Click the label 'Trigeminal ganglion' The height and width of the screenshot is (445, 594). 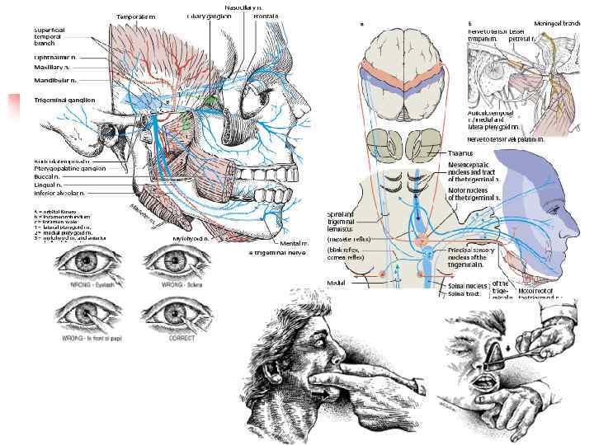[x=65, y=99]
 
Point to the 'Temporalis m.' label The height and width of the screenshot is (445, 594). [x=134, y=16]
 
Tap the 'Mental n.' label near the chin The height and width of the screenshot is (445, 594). [x=293, y=243]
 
